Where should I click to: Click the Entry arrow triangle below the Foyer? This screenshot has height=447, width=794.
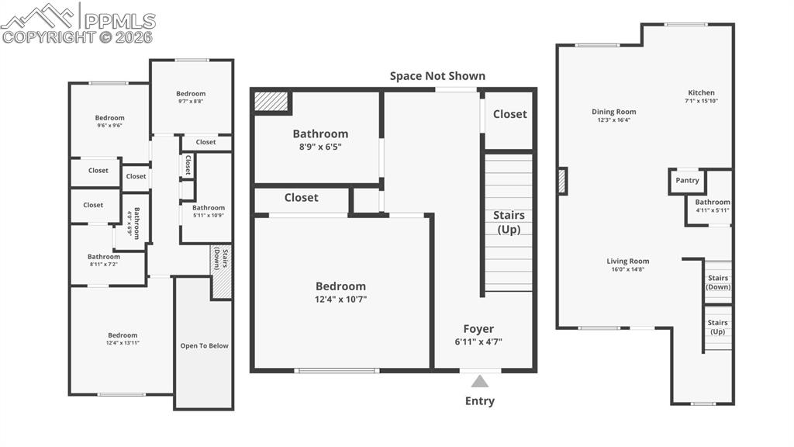point(480,381)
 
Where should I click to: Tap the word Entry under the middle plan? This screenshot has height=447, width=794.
point(480,401)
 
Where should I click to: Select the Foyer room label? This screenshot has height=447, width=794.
point(478,329)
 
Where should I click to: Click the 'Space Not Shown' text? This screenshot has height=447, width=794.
point(437,76)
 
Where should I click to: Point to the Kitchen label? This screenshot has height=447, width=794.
point(701,93)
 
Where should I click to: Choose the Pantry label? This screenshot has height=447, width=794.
point(687,181)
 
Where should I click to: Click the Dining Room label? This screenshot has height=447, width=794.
point(614,112)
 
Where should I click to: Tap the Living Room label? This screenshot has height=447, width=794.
point(628,262)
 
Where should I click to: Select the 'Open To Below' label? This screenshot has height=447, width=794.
point(204,346)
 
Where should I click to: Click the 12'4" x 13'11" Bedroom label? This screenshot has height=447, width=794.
point(123,335)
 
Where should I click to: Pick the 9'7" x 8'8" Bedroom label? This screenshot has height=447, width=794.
point(191,94)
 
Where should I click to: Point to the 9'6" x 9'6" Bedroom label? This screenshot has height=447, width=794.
point(109,118)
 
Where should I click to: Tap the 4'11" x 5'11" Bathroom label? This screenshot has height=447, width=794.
point(712,203)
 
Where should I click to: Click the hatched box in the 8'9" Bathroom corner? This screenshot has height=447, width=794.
point(271,101)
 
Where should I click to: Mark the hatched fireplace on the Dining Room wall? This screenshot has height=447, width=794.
point(561,181)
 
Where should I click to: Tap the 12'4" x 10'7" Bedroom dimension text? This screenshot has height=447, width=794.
point(340,299)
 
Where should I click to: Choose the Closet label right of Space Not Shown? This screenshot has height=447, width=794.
point(509,114)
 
